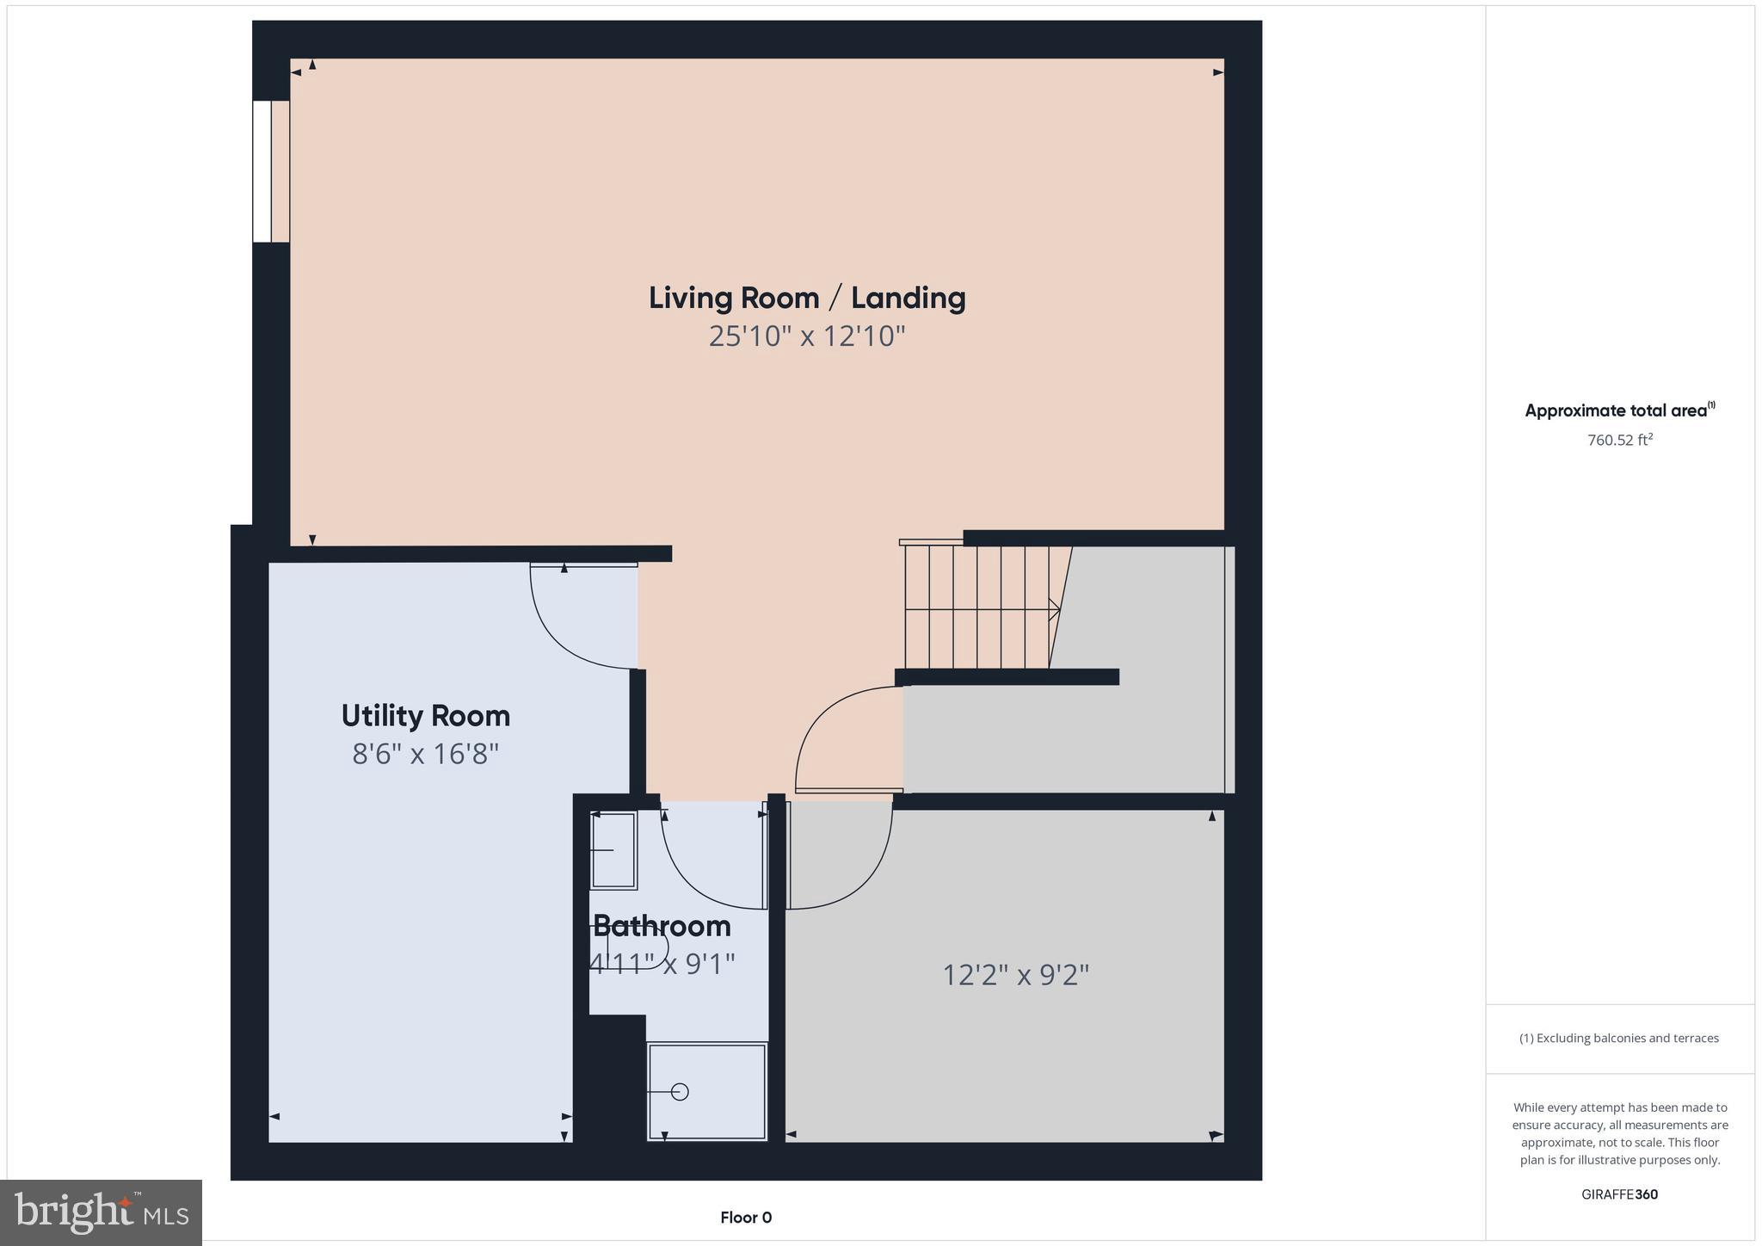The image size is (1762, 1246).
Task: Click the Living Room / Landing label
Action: coord(806,298)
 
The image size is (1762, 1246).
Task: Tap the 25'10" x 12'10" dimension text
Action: coord(806,336)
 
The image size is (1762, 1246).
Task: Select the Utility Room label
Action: coord(425,716)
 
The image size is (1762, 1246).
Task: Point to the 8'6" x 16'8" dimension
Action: coord(425,754)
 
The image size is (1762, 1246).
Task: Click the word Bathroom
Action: coord(662,926)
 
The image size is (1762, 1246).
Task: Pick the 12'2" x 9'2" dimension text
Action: coord(1015,975)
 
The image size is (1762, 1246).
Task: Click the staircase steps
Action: coord(976,608)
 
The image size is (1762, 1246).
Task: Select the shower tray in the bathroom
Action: coord(706,1091)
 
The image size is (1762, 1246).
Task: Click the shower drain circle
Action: coord(680,1092)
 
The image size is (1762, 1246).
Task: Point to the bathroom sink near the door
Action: coord(613,850)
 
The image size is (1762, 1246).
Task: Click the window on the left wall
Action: coord(270,171)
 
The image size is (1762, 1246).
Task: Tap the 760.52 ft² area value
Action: coord(1619,440)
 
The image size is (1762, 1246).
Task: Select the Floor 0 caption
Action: coord(745,1218)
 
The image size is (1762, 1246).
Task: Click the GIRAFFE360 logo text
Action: coord(1619,1194)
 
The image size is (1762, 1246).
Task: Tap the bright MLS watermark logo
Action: coord(102,1212)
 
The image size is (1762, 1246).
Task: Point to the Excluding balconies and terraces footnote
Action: coord(1618,1038)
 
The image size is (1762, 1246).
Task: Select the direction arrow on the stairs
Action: coord(1053,609)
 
